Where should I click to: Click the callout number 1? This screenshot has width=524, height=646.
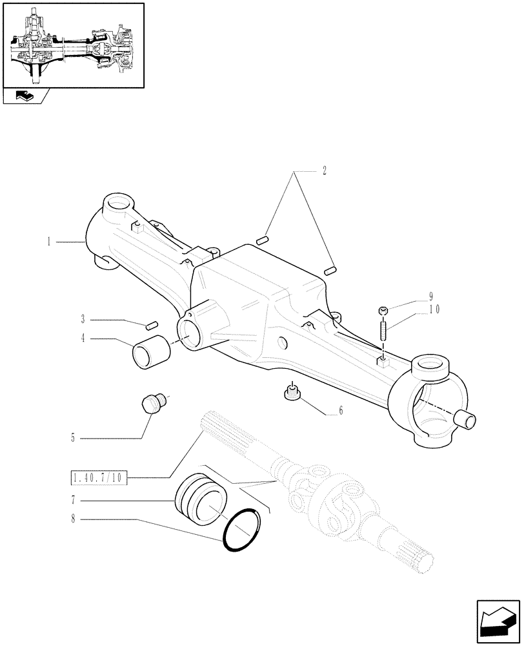click(49, 242)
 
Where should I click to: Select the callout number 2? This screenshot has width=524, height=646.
click(324, 172)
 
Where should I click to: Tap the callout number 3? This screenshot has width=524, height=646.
click(84, 319)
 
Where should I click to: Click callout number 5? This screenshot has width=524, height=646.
click(74, 438)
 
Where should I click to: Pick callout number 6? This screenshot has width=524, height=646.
click(341, 411)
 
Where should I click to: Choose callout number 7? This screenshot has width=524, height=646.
click(74, 500)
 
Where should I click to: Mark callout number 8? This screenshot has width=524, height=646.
click(74, 519)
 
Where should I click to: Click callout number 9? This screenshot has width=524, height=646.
click(430, 298)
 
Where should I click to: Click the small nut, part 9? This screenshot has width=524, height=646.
click(383, 312)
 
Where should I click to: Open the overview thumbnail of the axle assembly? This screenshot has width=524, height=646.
click(73, 45)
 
